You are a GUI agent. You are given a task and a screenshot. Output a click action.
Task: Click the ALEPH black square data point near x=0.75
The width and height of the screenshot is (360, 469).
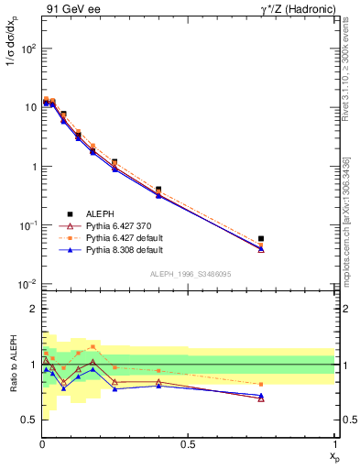coord(261,239)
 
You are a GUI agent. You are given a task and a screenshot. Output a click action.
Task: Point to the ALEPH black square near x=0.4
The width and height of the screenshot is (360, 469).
coord(158,190)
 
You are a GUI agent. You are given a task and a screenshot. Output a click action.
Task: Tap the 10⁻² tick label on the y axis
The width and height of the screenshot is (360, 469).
coord(26,284)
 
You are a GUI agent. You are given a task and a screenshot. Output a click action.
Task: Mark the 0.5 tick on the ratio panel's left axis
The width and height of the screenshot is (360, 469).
coord(29,420)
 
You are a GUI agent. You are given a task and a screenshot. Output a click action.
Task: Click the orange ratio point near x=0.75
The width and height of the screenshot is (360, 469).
coord(261,385)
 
